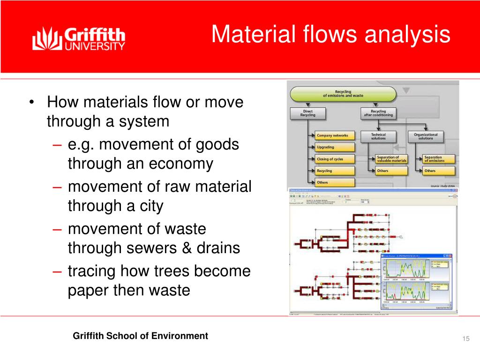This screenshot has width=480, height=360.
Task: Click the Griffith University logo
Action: coord(78,39)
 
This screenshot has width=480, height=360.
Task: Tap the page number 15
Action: coord(465,339)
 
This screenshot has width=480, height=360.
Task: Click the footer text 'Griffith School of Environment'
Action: coord(140,336)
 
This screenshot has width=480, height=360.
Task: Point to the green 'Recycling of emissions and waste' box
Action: coord(343,94)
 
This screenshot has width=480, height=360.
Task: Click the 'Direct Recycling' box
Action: coord(307,113)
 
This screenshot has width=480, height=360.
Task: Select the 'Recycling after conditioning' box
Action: coord(378,113)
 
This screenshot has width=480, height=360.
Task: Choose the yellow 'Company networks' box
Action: coord(334,135)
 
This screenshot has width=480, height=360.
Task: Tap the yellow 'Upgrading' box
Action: coord(334,147)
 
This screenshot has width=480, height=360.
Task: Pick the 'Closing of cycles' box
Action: coord(334,159)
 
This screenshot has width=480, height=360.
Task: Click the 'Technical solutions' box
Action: coord(378,136)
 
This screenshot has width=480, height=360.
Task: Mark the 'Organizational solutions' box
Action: coord(426,136)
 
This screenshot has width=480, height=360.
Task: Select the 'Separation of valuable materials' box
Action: coord(391,159)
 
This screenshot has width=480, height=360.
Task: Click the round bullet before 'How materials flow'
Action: coord(31,102)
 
